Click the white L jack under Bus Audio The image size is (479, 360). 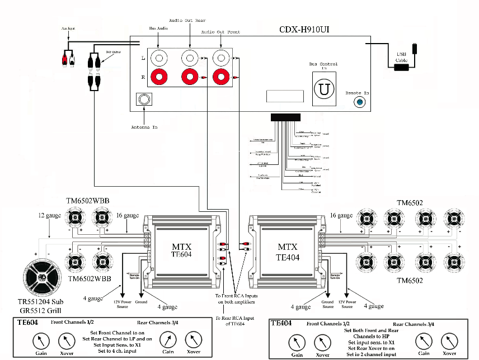point(159,58)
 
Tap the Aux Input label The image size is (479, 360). point(68,27)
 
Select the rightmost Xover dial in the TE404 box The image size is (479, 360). point(449,340)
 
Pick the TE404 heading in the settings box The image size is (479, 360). point(283,323)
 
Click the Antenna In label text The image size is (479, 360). point(144,127)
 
